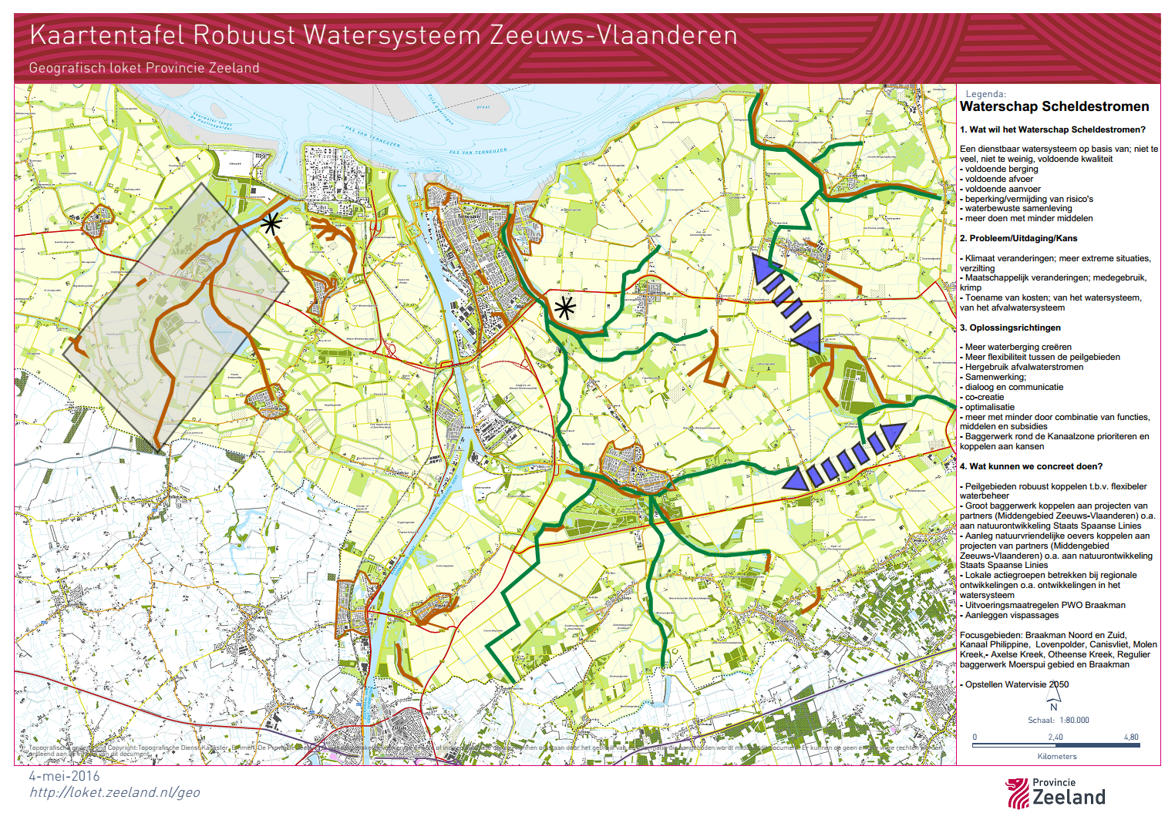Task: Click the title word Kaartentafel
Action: point(107,35)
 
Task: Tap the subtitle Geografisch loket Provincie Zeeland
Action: point(144,68)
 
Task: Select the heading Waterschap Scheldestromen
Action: point(1054,106)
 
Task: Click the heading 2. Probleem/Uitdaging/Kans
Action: point(1018,238)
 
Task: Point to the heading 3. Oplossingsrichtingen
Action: point(1010,328)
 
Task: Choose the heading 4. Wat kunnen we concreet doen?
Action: point(1031,466)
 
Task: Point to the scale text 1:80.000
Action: point(1074,720)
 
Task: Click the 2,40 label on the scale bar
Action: point(1055,737)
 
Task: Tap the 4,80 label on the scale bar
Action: point(1130,737)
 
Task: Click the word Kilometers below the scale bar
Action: point(1057,756)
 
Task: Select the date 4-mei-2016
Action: point(65,776)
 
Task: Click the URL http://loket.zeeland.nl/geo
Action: point(114,792)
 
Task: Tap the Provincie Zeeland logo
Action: point(1055,792)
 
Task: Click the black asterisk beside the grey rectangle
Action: point(270,224)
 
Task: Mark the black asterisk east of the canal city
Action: point(565,308)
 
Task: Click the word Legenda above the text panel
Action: point(985,94)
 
